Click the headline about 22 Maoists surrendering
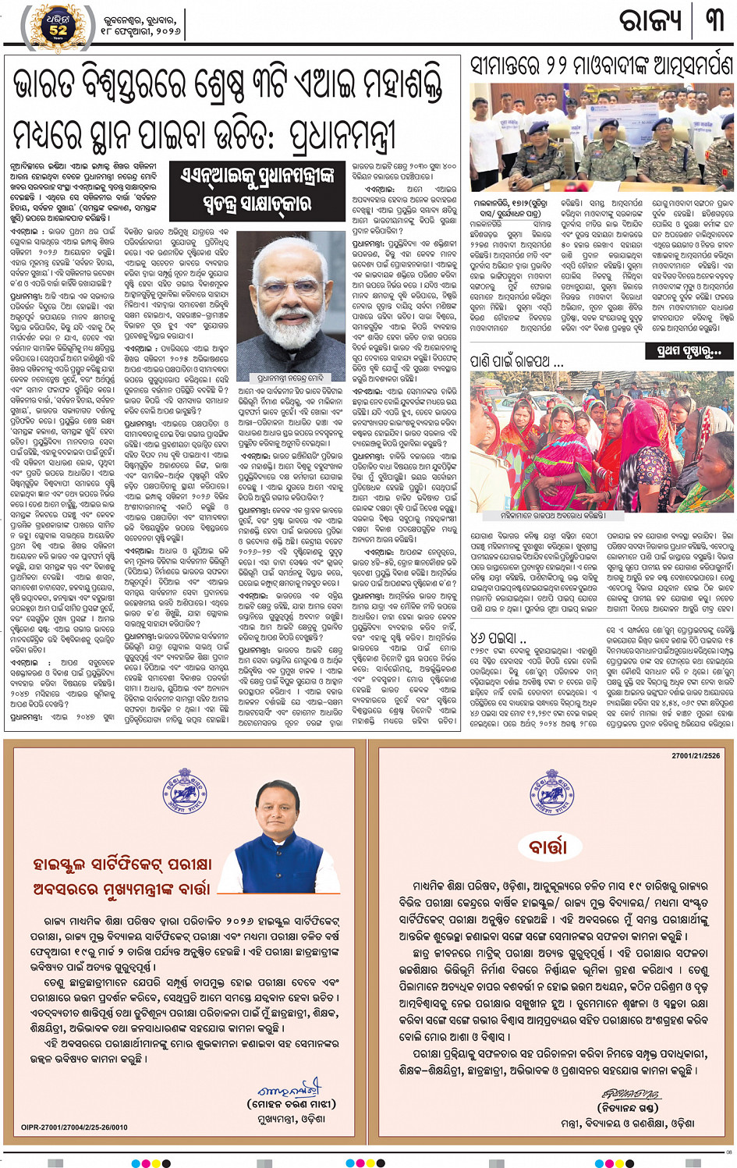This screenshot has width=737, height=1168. click(x=601, y=65)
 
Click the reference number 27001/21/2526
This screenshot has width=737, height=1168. click(x=696, y=756)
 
